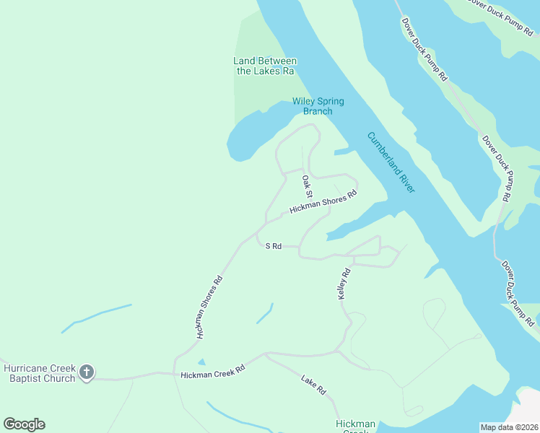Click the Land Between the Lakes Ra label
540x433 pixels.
tap(265, 66)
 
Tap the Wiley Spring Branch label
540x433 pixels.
tap(318, 106)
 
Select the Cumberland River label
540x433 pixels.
tap(391, 162)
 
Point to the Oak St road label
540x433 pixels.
tap(307, 186)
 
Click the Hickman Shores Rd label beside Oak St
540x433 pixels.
tap(323, 203)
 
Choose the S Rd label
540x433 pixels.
tap(273, 246)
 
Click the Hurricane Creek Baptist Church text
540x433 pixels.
tap(39, 373)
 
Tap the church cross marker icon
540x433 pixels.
tap(87, 373)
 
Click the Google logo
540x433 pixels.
tap(24, 424)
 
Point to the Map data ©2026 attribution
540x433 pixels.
tap(509, 427)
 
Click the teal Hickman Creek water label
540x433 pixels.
tap(355, 426)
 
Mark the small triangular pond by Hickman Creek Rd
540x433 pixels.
tap(201, 362)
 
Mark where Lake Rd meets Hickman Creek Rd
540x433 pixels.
tap(266, 354)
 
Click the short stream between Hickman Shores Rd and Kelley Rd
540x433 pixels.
tap(265, 313)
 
